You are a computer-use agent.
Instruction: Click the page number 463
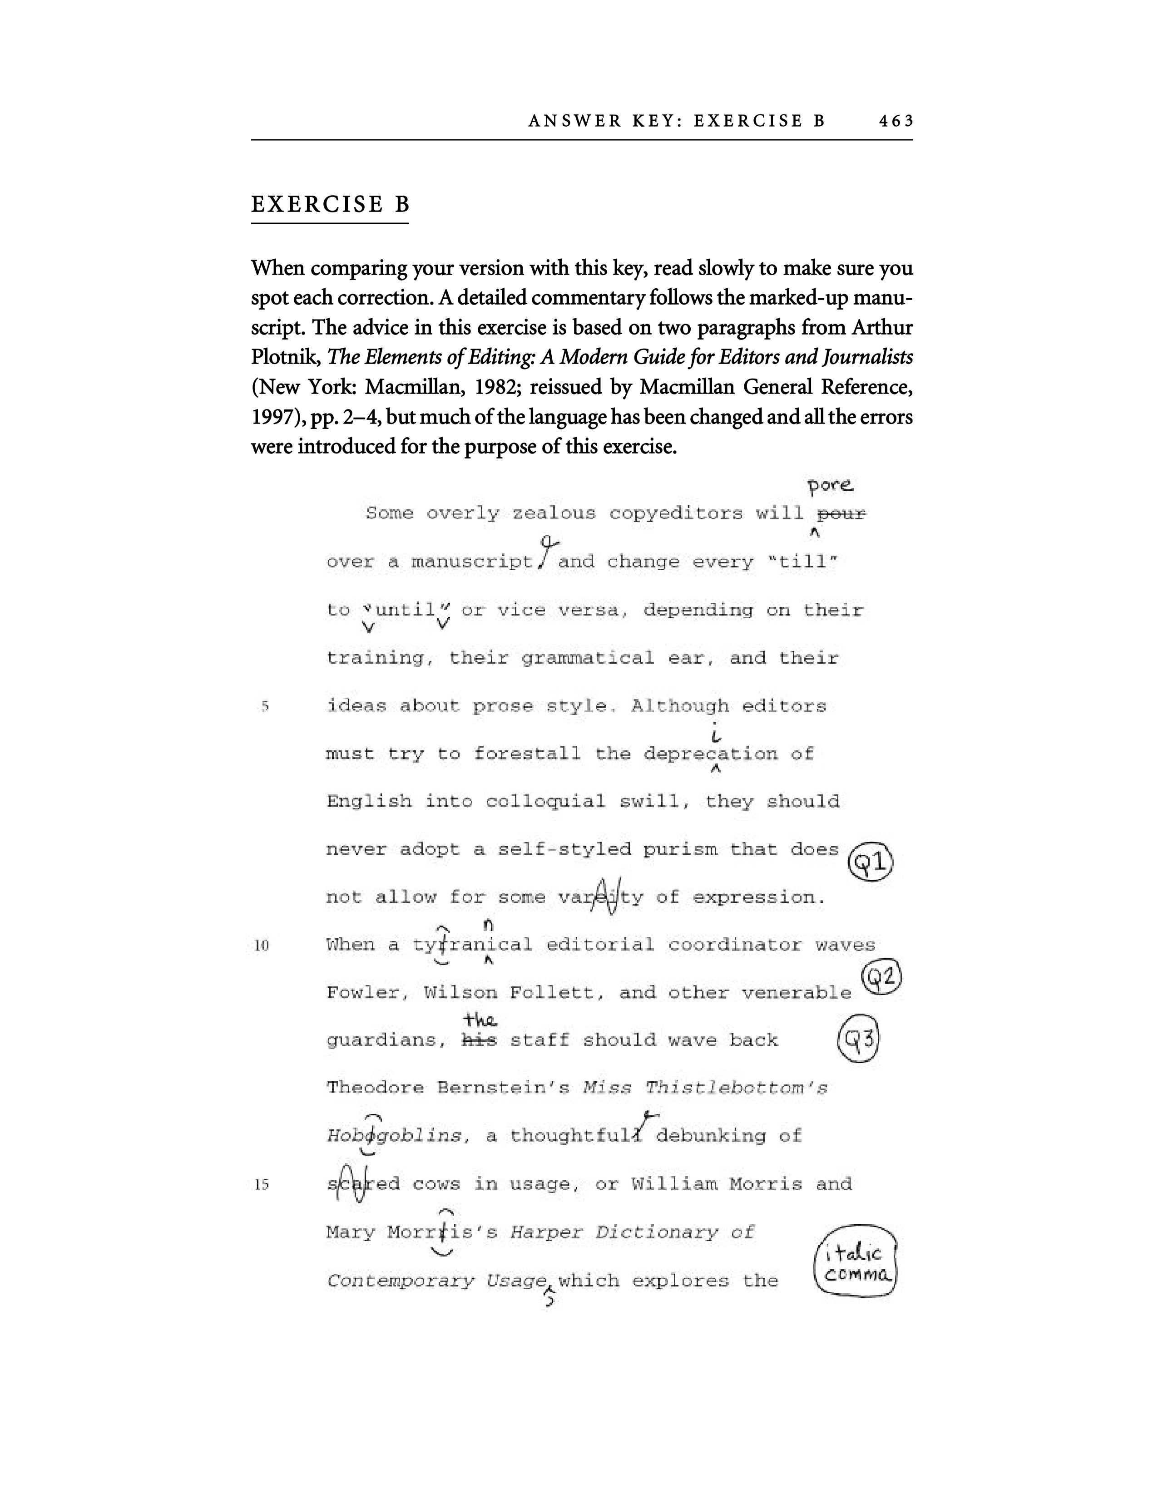click(x=896, y=121)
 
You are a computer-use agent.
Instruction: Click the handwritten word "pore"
click(x=830, y=486)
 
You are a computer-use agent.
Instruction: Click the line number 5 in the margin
click(x=265, y=706)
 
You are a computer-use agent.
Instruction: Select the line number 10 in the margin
click(x=262, y=945)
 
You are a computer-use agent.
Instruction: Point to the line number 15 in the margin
click(x=262, y=1184)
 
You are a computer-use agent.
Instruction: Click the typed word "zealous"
click(x=554, y=514)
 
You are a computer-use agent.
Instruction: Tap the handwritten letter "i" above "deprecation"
click(x=716, y=735)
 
